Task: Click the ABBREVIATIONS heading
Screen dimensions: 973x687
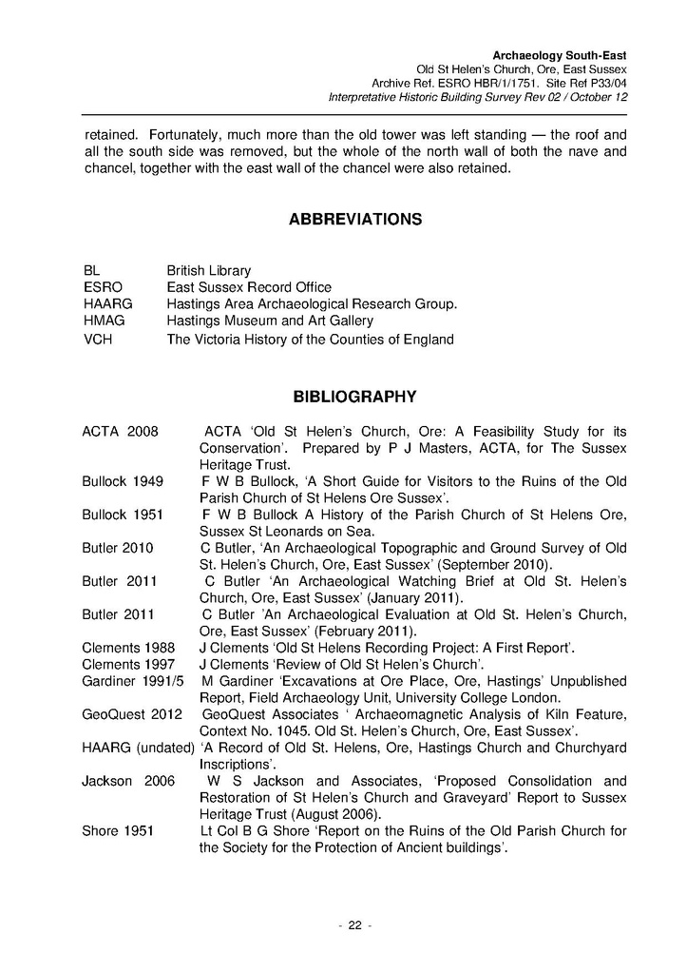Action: click(354, 220)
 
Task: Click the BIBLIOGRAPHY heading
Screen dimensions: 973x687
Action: click(354, 395)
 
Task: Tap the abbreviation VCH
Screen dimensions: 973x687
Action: click(98, 340)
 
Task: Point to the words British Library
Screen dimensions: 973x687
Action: click(209, 271)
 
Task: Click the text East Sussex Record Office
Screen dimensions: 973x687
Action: click(249, 287)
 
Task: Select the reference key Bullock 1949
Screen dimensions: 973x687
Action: click(123, 481)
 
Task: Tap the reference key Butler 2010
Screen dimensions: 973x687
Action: click(118, 548)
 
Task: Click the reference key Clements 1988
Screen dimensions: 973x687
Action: click(128, 648)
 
